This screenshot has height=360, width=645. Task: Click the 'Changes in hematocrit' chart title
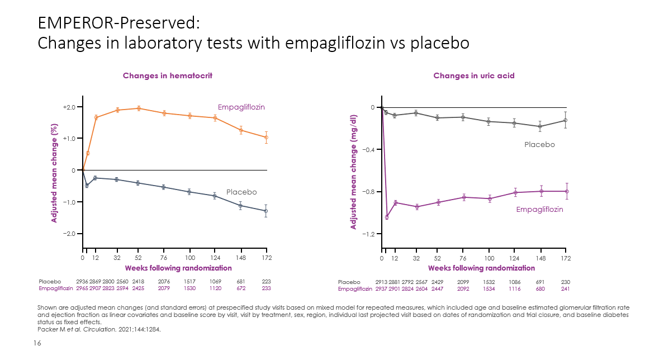point(167,75)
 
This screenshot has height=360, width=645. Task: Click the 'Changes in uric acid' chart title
point(473,75)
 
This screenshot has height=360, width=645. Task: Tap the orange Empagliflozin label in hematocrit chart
point(241,107)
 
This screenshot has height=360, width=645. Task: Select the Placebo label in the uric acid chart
point(539,144)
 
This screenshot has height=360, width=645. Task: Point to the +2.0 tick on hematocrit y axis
point(69,107)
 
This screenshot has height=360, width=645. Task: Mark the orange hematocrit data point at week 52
point(138,108)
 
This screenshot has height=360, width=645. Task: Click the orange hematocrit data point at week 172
point(266,138)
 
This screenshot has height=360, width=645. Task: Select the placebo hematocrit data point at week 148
point(240,206)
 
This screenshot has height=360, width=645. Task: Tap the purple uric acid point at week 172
point(567,191)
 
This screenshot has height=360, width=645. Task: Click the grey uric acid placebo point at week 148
point(540,126)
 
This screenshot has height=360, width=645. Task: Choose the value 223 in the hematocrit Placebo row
point(266,282)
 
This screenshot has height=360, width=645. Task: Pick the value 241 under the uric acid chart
point(566,289)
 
